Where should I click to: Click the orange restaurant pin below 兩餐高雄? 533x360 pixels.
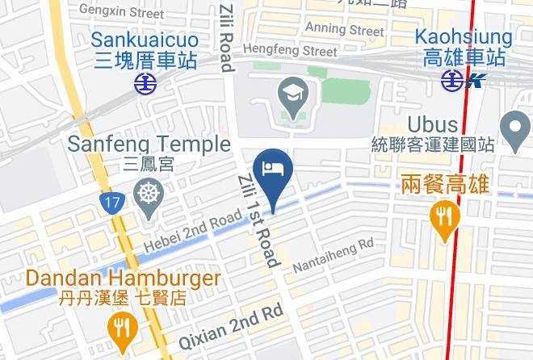[443, 219]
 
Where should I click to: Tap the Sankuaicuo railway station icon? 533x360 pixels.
[145, 82]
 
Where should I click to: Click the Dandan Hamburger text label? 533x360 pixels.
[123, 279]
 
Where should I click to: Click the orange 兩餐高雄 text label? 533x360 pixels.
[444, 186]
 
